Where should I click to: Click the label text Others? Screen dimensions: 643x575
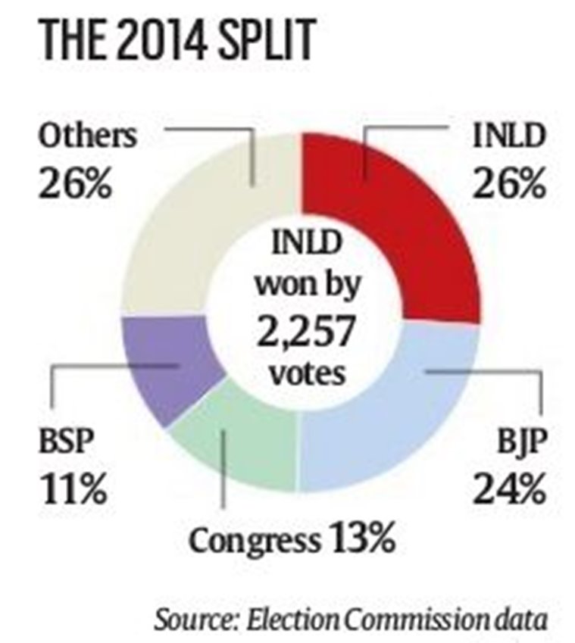click(x=89, y=137)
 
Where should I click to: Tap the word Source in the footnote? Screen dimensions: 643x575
click(x=190, y=619)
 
